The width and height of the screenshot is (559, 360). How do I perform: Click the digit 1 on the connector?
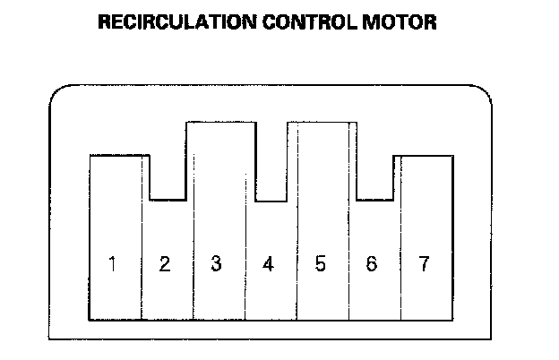(x=113, y=264)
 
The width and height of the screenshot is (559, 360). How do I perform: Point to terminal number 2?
(x=165, y=264)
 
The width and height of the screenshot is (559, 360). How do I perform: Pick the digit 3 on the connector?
(x=216, y=264)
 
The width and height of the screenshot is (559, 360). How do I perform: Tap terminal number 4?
(x=268, y=264)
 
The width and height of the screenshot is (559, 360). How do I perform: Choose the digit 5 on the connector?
(x=321, y=264)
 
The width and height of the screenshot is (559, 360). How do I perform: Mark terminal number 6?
(x=372, y=264)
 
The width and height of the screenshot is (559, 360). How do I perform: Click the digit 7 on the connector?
(x=424, y=264)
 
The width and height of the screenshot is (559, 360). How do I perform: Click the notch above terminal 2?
(x=166, y=198)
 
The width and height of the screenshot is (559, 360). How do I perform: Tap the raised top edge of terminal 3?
(x=216, y=122)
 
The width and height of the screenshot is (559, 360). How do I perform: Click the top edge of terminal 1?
(x=116, y=156)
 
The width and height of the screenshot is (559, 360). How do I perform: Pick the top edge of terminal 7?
(x=424, y=156)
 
